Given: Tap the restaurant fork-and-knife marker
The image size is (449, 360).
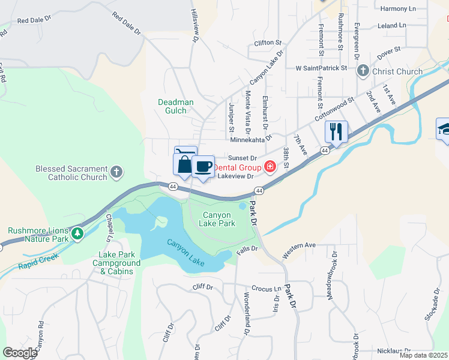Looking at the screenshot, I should click(x=336, y=131).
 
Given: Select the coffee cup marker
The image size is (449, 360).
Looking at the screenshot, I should click(x=203, y=166).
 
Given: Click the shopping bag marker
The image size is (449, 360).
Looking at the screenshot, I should click(x=184, y=164).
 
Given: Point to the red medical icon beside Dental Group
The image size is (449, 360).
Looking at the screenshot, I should click(x=270, y=167).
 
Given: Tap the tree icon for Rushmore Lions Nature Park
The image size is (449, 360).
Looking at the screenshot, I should click(x=77, y=234).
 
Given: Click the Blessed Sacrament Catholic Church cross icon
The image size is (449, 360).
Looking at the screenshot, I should click(x=116, y=173).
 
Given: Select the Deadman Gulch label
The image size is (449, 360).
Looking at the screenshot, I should click(x=176, y=106).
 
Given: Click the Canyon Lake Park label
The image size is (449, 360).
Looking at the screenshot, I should click(x=218, y=219).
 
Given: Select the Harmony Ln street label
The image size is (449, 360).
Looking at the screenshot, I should click(x=399, y=8).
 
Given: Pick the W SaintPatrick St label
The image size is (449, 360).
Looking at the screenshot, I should click(x=321, y=68).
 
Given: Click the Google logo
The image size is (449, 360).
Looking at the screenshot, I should click(x=20, y=352).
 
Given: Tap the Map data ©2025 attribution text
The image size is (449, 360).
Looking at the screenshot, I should click(x=424, y=355).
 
